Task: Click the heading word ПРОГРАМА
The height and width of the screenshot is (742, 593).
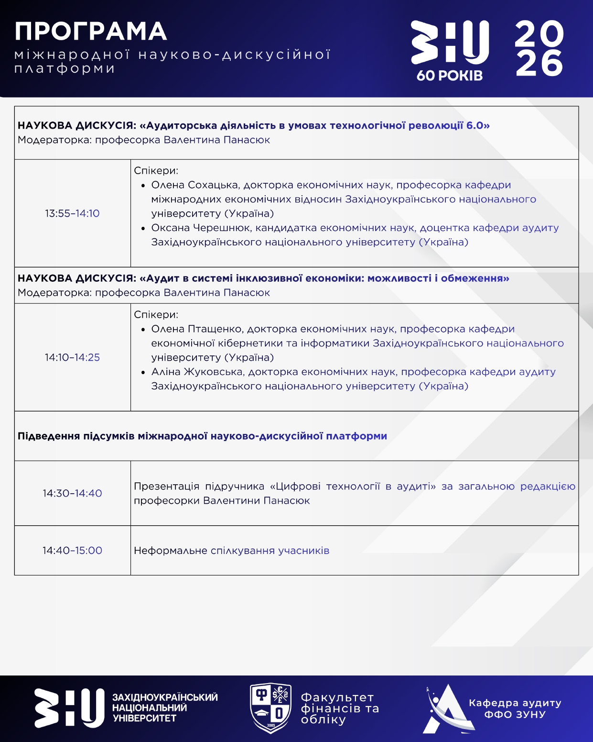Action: point(90,32)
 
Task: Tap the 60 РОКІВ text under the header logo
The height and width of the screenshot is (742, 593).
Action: point(449,76)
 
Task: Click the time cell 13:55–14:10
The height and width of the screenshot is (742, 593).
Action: point(72,213)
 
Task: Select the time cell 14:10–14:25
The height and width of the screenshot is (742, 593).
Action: point(72,357)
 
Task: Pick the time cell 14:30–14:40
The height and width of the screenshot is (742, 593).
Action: point(72,493)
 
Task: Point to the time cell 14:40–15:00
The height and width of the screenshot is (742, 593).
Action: point(72,550)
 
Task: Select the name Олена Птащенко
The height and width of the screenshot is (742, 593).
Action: point(197,329)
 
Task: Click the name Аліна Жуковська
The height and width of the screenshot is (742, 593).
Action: point(198,372)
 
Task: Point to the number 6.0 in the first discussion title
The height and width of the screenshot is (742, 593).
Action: point(475,125)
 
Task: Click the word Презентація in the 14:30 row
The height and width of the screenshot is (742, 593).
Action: point(166,487)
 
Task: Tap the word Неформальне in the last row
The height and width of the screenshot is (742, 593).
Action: point(170,551)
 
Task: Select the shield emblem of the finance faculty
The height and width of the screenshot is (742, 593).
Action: point(271,708)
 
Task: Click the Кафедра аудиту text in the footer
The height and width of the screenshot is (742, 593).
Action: point(515,703)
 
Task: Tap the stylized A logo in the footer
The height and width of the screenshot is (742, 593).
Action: point(447,709)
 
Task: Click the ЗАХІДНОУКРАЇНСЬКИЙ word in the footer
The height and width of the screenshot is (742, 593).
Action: point(165,698)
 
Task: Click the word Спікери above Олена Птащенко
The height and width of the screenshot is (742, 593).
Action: point(156,315)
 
